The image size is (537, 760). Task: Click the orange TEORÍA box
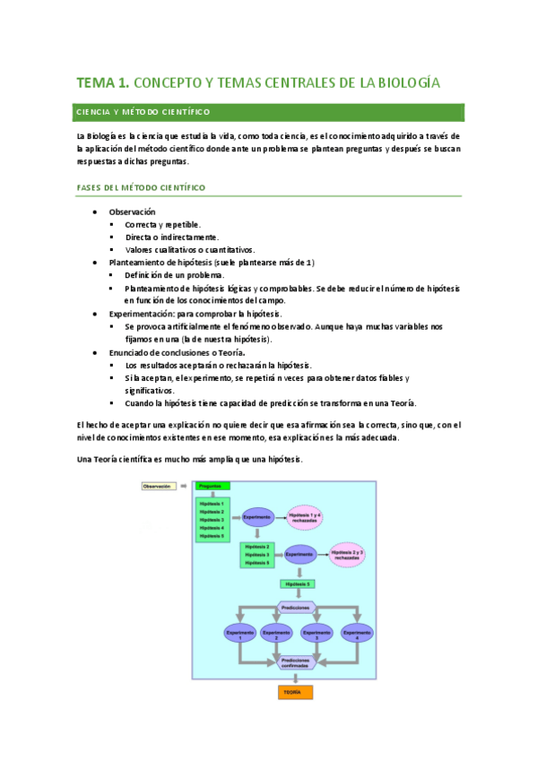[292, 693]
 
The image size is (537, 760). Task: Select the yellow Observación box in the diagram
[160, 486]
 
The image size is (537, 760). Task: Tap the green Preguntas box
[212, 486]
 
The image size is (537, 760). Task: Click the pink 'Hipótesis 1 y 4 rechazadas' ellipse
[305, 518]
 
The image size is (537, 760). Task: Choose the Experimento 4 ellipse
[358, 633]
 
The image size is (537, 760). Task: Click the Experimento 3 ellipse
[317, 633]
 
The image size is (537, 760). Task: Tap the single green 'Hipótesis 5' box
[297, 584]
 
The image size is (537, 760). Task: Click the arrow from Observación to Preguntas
[185, 486]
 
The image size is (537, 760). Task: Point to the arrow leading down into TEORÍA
[293, 679]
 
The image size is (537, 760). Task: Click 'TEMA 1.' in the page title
[103, 83]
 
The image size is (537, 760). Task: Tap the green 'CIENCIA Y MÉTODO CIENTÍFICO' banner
[268, 112]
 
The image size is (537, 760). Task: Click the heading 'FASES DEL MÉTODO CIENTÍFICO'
[141, 187]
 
